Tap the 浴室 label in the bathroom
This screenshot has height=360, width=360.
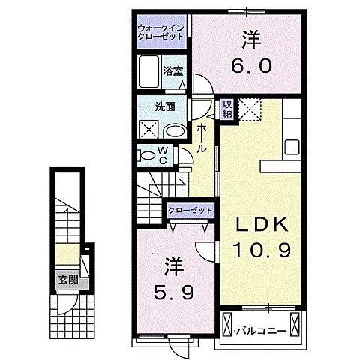(174, 73)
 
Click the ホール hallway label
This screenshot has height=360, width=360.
(202, 139)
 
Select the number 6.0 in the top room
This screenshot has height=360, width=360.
(250, 66)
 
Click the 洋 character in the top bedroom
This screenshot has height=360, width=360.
(250, 37)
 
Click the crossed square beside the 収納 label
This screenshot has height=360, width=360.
(249, 111)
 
